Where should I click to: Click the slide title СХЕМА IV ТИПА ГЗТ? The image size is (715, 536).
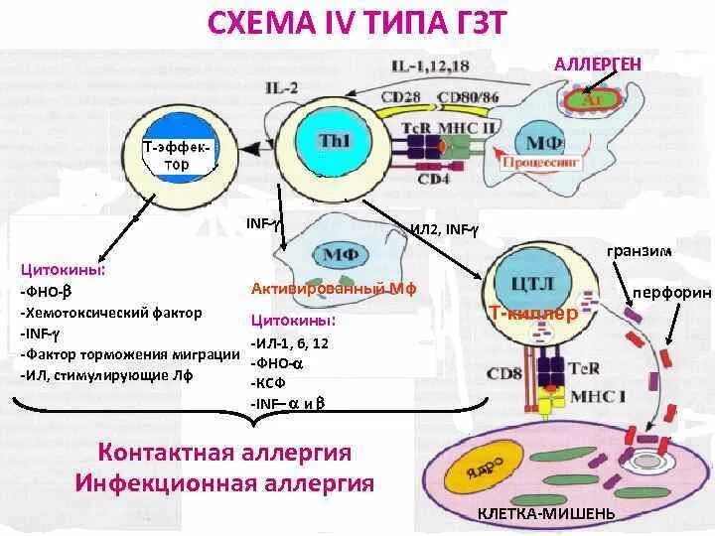pos(357,22)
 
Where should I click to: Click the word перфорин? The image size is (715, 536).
pos(672,293)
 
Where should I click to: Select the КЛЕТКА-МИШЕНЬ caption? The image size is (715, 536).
pos(545,513)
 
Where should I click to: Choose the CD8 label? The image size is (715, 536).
pos(503,375)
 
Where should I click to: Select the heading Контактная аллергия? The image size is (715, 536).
pos(225,453)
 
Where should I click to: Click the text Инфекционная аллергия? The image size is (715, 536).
pos(225,484)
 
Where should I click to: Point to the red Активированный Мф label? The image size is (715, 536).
pos(333,289)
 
